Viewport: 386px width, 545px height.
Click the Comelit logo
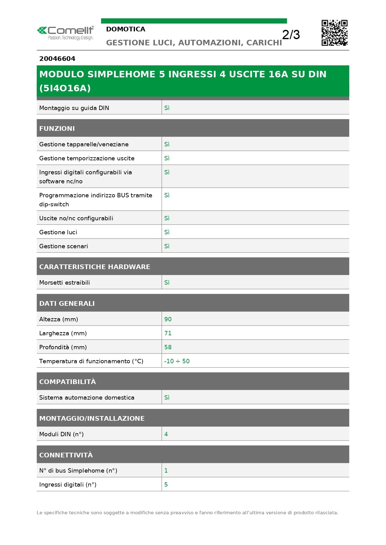click(65, 33)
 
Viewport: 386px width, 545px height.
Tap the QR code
click(334, 33)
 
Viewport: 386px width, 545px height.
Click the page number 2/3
click(291, 34)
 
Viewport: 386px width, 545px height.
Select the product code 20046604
click(57, 59)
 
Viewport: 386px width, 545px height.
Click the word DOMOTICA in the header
click(126, 29)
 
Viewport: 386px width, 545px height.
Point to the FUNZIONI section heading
click(57, 128)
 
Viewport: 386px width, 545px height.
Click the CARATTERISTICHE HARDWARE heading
click(95, 267)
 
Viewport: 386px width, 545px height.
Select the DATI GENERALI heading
click(67, 303)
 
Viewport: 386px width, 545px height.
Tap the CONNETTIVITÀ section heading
click(66, 455)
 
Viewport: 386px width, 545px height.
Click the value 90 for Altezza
click(168, 319)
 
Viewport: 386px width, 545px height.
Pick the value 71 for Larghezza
click(168, 333)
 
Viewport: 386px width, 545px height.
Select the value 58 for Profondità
click(168, 347)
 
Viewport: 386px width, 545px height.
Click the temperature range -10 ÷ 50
click(177, 361)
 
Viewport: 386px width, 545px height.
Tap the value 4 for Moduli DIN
click(166, 434)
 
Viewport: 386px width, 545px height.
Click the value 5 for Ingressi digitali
click(166, 484)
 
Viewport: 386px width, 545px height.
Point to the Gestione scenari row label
click(63, 246)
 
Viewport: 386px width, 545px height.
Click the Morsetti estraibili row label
click(64, 282)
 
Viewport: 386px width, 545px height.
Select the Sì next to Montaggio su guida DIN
click(167, 108)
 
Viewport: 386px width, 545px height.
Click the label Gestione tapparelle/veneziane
click(84, 144)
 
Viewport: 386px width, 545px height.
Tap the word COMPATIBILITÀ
click(67, 382)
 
